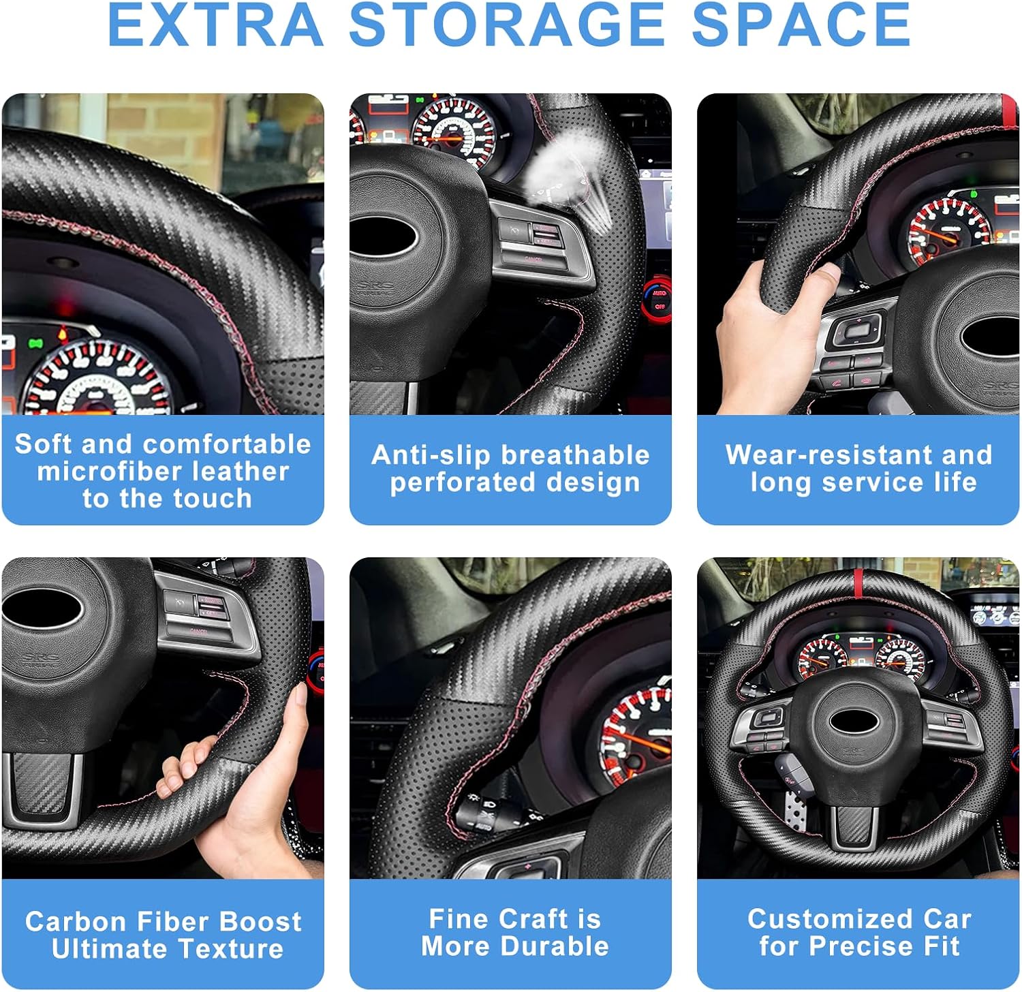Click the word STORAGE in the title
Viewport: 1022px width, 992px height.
[507, 25]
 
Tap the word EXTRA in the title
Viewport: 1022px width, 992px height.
[215, 25]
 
